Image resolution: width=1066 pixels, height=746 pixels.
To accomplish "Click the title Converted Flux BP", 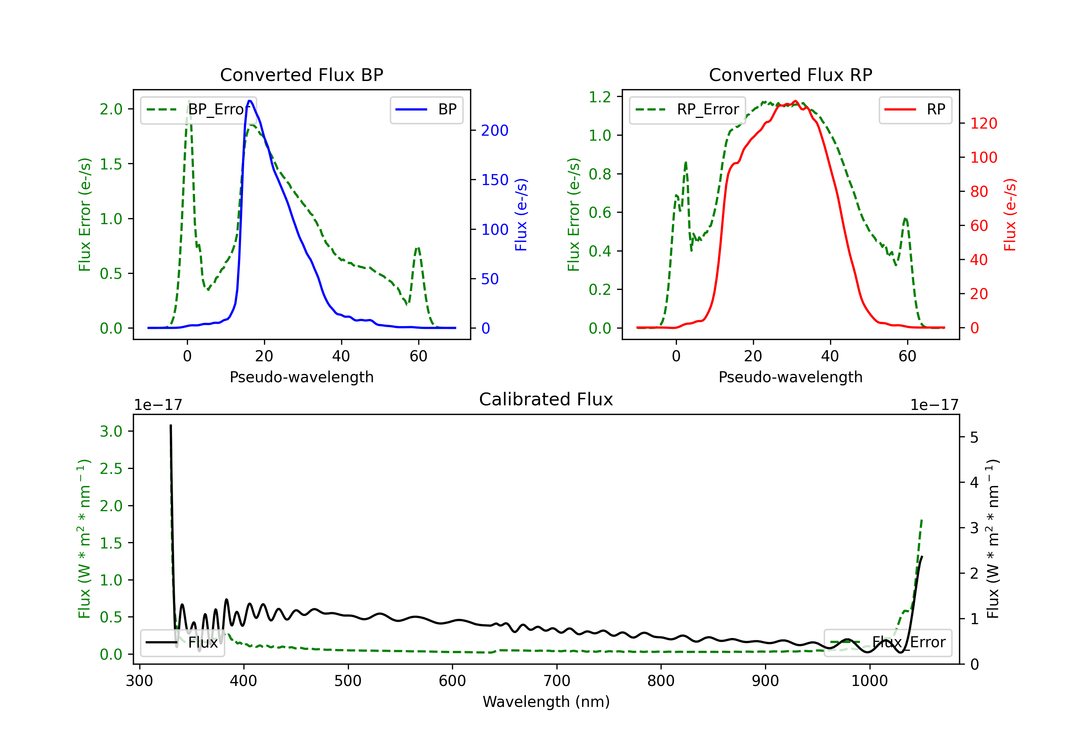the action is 301,75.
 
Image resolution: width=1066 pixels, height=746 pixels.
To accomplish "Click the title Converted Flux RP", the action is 790,75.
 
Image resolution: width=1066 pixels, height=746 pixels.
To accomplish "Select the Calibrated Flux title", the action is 546,399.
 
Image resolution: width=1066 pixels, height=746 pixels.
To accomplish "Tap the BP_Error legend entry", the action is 198,109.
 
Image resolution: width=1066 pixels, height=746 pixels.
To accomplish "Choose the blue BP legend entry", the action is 426,109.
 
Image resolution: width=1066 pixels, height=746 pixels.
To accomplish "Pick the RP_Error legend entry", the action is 687,109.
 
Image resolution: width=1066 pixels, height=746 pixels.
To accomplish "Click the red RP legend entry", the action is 915,109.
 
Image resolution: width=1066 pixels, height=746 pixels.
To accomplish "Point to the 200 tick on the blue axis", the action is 495,130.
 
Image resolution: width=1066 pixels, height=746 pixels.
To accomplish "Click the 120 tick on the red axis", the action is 983,124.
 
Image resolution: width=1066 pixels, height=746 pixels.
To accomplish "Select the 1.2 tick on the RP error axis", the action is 600,97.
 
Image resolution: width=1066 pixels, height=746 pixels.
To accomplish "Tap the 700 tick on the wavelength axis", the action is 557,681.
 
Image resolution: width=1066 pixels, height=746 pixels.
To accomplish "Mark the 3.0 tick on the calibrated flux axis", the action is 111,431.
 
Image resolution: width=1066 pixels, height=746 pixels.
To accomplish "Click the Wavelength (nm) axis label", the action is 546,702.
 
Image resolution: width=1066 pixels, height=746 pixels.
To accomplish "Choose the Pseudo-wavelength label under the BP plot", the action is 301,377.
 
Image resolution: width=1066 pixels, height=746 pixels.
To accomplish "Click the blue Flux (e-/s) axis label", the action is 521,215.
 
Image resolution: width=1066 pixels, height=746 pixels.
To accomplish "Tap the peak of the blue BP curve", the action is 250,101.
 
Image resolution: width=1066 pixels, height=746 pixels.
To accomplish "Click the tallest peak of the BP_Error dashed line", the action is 188,101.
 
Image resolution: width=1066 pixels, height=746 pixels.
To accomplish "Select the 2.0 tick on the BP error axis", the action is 111,109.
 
